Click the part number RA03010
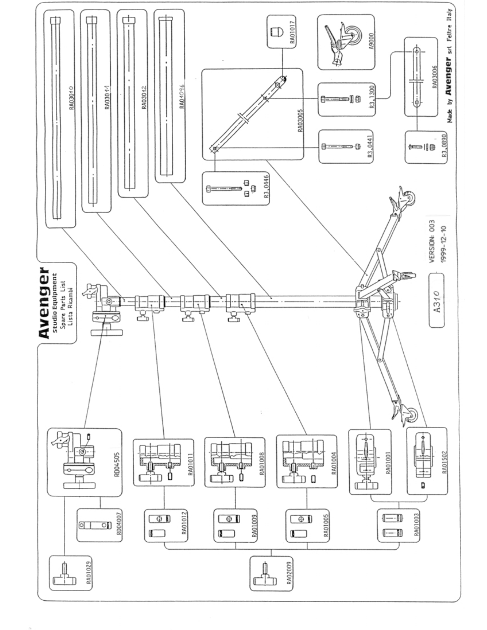[x=71, y=98]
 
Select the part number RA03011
[x=107, y=97]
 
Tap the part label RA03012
[x=144, y=97]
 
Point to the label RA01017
[x=292, y=32]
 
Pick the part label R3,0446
[x=266, y=186]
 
